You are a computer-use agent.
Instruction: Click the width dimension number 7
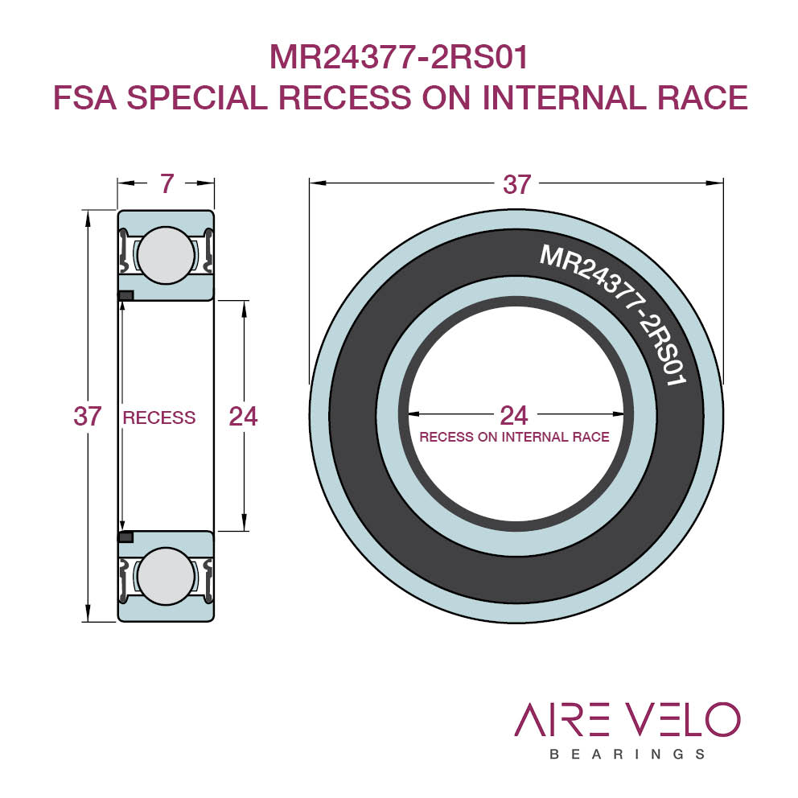(167, 183)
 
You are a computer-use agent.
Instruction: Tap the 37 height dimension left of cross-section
(88, 417)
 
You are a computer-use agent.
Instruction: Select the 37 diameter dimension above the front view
(517, 184)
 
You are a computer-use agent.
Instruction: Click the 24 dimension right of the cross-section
(243, 417)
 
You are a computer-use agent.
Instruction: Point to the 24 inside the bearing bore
(515, 415)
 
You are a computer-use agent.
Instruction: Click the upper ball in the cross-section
(166, 255)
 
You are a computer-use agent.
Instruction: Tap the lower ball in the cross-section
(166, 576)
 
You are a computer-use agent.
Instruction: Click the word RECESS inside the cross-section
(159, 418)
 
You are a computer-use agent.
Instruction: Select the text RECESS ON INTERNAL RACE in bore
(515, 437)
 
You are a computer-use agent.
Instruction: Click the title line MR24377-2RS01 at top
(399, 57)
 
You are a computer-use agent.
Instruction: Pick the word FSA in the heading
(85, 97)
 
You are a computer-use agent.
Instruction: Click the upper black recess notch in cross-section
(125, 295)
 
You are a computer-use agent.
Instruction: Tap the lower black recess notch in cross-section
(125, 537)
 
